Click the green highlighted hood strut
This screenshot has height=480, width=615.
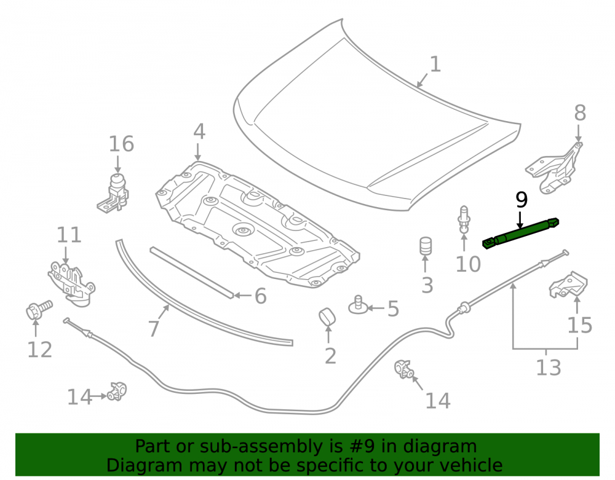point(520,233)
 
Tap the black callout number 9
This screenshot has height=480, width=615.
point(522,200)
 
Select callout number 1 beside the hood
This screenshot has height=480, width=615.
point(435,65)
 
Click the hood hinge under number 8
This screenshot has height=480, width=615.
point(555,168)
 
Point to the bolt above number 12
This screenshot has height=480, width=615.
point(39,309)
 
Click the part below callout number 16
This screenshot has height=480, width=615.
point(114,193)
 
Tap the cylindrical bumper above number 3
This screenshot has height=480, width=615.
point(426,246)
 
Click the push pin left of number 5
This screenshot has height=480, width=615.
point(358,305)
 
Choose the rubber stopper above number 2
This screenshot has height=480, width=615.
point(327,317)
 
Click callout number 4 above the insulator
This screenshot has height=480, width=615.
point(199,132)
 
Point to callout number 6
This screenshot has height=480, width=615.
point(260,296)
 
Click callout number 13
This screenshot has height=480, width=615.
point(549,368)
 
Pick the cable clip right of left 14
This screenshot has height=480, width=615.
point(117,391)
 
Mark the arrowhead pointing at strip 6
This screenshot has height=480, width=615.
point(237,296)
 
